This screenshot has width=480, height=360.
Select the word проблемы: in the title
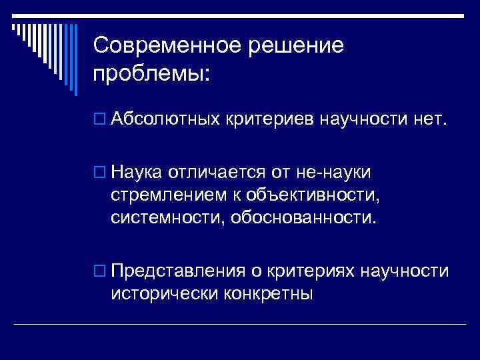[x=151, y=73]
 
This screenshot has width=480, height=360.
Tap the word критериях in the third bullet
[x=311, y=271]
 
